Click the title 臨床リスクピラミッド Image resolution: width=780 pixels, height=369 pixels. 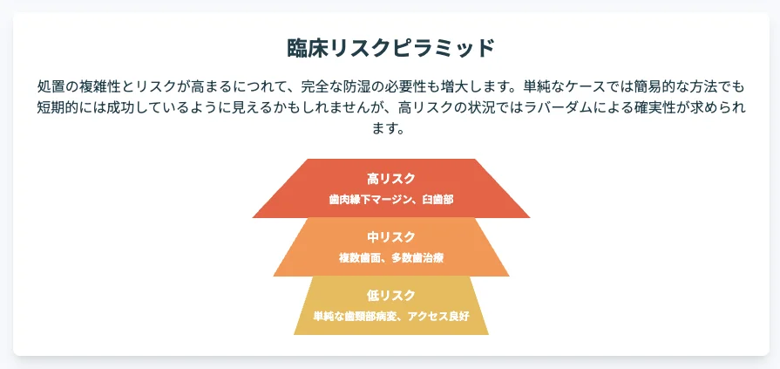point(391,49)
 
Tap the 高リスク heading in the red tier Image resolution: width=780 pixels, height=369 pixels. point(391,178)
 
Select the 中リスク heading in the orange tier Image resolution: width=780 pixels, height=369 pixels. point(391,237)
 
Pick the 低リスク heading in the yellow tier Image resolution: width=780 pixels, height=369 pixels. point(391,296)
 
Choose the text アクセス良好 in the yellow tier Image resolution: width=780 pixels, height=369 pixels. point(438,317)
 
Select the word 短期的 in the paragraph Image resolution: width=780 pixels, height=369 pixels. point(55,107)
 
